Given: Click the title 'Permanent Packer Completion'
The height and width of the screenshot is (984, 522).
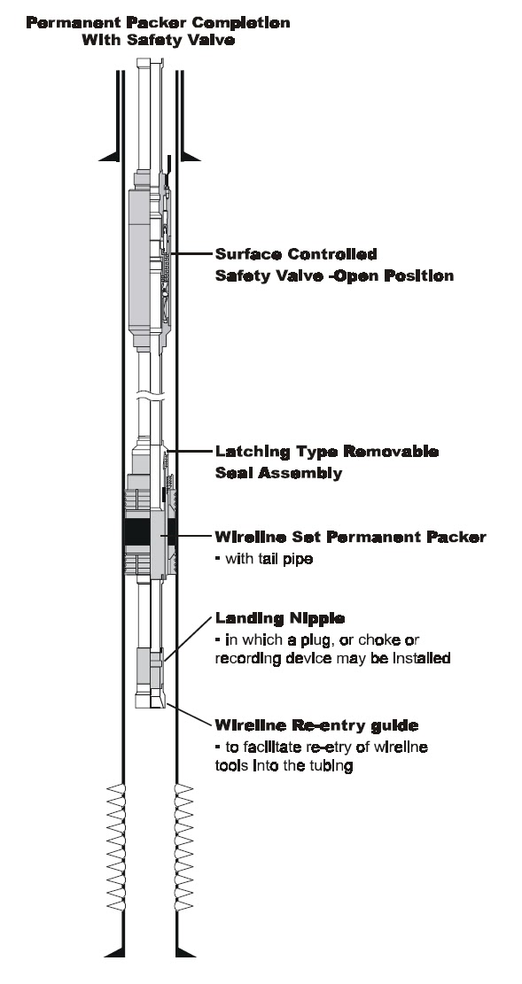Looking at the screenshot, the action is [159, 23].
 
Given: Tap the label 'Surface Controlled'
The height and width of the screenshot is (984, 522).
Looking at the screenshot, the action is [296, 254].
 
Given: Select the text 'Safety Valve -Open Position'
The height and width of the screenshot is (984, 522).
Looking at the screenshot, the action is [334, 275].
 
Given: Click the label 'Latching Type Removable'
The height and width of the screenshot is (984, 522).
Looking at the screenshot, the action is [327, 452].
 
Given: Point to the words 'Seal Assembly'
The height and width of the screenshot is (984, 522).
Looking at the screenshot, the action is [279, 473].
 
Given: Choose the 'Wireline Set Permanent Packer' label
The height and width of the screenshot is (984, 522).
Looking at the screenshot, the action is [351, 538].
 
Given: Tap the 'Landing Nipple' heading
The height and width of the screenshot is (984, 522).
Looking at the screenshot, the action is [280, 619].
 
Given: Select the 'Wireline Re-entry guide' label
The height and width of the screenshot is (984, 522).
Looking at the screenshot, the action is [316, 725].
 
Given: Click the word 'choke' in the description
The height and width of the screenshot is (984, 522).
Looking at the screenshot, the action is [372, 639].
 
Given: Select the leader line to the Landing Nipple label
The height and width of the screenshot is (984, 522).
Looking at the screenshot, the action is [187, 638].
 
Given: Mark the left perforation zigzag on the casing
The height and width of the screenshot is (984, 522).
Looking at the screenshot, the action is [115, 848].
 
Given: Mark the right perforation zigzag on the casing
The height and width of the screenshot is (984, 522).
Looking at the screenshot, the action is [183, 848].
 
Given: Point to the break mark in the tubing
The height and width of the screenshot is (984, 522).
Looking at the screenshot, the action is [150, 396].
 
